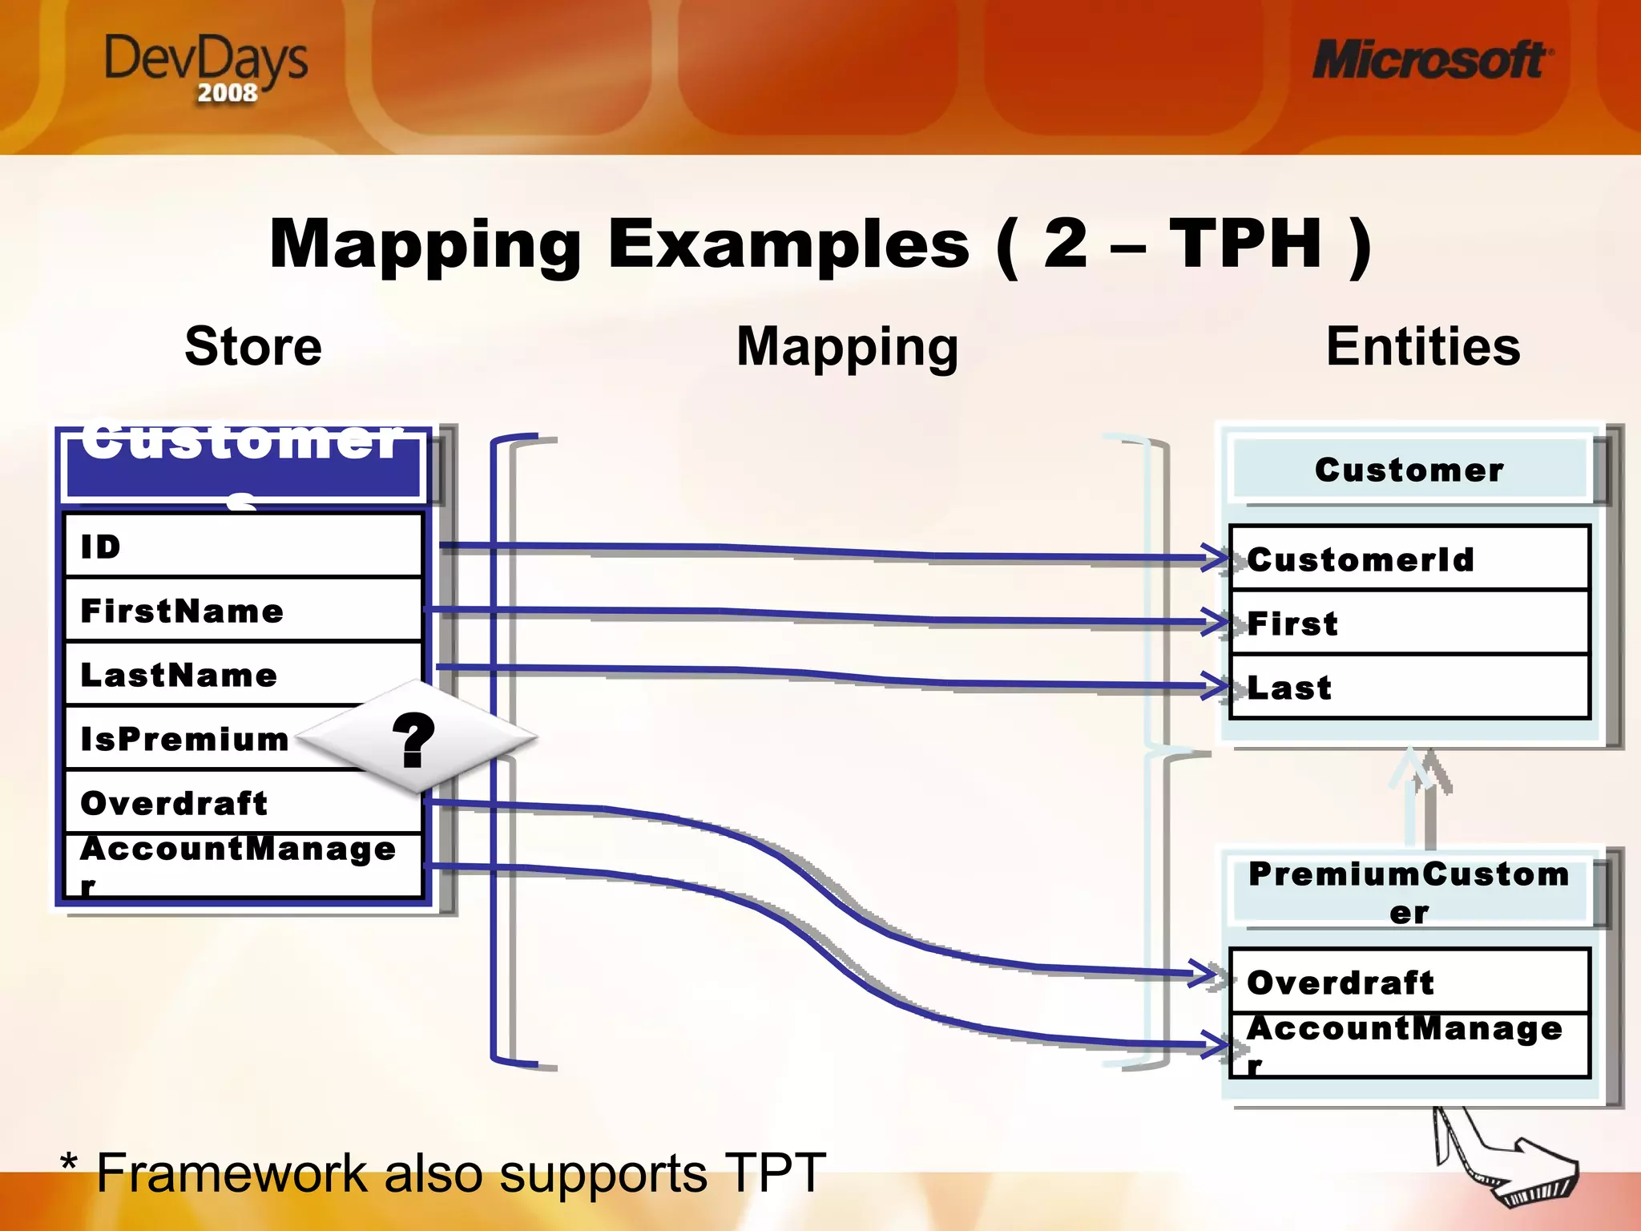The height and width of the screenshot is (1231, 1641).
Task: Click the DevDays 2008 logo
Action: coord(207,68)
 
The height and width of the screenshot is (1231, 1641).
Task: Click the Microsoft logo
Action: coord(1431,61)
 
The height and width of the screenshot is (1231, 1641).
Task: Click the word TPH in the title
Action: coord(1245,244)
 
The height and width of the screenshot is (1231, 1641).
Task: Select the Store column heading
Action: coord(253,346)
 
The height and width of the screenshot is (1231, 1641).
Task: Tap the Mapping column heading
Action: coord(847,346)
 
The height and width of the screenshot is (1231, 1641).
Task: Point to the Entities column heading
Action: coord(1423,346)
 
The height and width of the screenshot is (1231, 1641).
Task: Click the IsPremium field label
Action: coord(185,739)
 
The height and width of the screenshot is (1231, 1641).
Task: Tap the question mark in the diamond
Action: coord(413,741)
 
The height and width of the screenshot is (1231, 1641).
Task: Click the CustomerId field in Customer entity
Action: coord(1409,559)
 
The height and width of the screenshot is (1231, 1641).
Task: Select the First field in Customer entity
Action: coord(1409,624)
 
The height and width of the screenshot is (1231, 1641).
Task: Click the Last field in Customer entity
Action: coord(1409,688)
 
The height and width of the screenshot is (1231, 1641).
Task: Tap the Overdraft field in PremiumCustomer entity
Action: coord(1409,983)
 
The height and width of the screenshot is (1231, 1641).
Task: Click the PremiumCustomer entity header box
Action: coord(1409,892)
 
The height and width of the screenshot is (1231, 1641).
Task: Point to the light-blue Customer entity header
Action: coord(1409,470)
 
